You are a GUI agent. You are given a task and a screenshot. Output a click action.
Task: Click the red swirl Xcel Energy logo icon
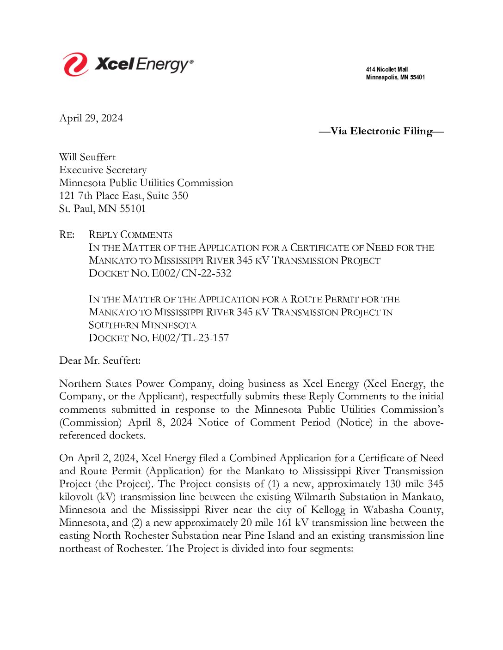pyautogui.click(x=75, y=64)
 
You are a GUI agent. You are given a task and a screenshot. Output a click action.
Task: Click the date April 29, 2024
pyautogui.click(x=91, y=118)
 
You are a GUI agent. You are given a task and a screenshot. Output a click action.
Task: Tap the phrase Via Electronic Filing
pyautogui.click(x=381, y=131)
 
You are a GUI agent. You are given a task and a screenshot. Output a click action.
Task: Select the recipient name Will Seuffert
pyautogui.click(x=87, y=157)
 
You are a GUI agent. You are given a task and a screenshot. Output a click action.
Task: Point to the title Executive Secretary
pyautogui.click(x=103, y=170)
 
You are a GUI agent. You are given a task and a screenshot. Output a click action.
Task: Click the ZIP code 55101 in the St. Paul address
pyautogui.click(x=133, y=209)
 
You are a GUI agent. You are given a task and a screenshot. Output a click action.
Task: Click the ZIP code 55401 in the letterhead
pyautogui.click(x=417, y=78)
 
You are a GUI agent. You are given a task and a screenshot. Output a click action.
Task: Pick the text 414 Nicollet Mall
pyautogui.click(x=386, y=70)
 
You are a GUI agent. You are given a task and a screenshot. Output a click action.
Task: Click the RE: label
pyautogui.click(x=67, y=235)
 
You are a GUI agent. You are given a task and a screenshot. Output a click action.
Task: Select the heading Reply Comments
pyautogui.click(x=130, y=235)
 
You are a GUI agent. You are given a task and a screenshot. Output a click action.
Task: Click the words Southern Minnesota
pyautogui.click(x=142, y=325)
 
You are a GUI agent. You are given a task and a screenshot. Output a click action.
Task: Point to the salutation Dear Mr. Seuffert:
pyautogui.click(x=100, y=361)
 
